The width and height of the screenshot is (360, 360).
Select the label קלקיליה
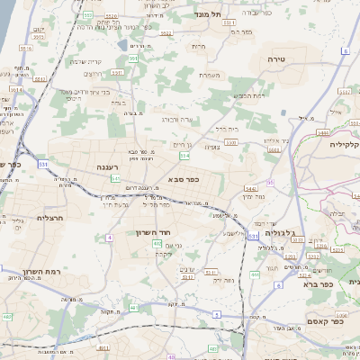(x=344, y=144)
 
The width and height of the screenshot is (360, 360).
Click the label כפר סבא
(x=183, y=179)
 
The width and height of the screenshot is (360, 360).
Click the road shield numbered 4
(x=109, y=238)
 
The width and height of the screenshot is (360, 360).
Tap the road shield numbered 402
(x=157, y=243)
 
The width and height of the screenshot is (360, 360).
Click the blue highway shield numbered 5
(x=216, y=314)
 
